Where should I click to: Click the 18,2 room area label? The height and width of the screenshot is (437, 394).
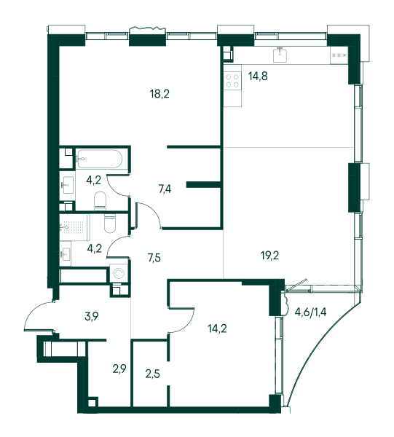coord(159,94)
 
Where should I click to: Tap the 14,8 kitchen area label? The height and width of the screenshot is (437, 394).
coord(258,76)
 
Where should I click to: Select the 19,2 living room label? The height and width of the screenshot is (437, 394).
coord(269,256)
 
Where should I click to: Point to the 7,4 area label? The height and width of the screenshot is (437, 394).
coord(165,189)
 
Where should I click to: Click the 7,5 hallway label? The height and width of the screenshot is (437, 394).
coord(154,258)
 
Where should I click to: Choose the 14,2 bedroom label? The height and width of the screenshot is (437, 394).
coord(217,329)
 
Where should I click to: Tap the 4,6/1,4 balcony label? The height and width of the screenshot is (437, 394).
coord(310,312)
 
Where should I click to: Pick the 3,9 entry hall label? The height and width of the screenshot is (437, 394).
coord(92,317)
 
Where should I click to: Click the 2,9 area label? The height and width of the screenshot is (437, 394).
coord(119,369)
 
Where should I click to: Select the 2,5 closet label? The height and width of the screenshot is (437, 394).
coord(153,374)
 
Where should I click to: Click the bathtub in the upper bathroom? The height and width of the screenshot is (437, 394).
coord(99,159)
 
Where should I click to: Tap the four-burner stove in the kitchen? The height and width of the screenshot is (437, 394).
coord(232,81)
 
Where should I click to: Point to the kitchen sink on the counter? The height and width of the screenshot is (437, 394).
coord(280,55)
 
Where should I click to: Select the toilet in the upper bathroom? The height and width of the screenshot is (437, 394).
coord(101,201)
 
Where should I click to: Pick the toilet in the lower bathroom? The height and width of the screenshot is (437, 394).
coord(110,224)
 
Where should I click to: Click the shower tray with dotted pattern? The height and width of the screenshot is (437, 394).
coord(75,228)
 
